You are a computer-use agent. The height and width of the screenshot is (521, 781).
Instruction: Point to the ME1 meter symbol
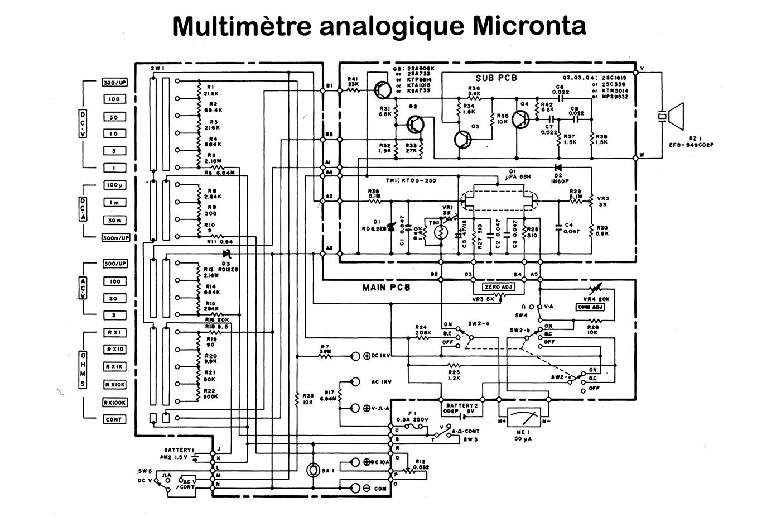tap(523, 423)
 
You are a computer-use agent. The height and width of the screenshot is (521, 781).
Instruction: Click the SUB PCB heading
tap(496, 78)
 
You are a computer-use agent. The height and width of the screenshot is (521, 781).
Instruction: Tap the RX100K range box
tap(114, 402)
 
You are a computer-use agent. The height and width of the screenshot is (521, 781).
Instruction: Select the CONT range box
tap(114, 419)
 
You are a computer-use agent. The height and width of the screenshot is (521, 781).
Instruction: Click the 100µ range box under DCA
tap(114, 185)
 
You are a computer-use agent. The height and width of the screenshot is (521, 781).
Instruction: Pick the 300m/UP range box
tap(115, 237)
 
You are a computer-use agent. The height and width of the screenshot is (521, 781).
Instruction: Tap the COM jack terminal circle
tap(354, 488)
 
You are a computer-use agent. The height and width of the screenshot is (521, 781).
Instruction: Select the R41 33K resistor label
tap(352, 82)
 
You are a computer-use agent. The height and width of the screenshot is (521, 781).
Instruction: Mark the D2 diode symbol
tap(557, 167)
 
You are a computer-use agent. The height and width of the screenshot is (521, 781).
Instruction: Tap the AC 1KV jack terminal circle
tap(354, 382)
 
